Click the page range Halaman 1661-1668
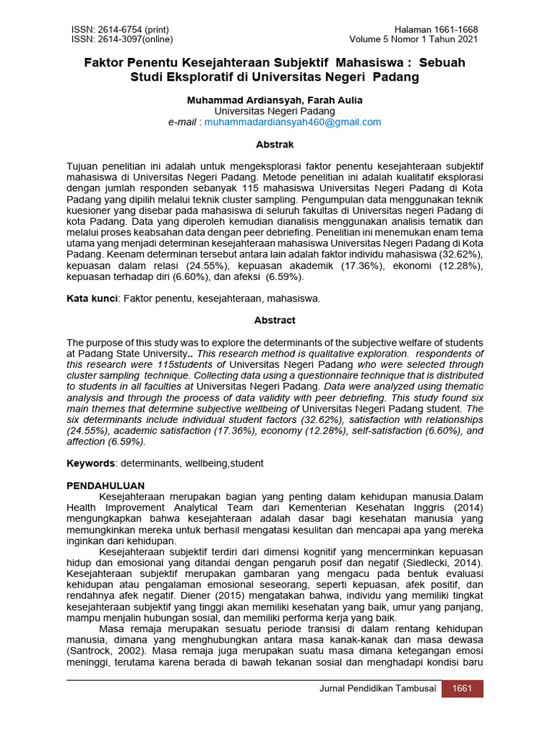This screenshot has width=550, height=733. tap(435, 29)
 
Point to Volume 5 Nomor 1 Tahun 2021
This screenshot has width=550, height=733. tap(414, 39)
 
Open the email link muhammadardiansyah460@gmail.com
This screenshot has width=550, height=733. tap(293, 122)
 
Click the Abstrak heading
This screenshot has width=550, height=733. tap(275, 145)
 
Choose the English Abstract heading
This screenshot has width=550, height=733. tap(275, 321)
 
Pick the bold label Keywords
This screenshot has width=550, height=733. tap(91, 463)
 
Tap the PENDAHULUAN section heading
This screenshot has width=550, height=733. tap(106, 485)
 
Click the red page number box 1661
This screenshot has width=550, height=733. tap(463, 689)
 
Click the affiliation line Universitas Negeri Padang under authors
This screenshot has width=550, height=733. tap(275, 112)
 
